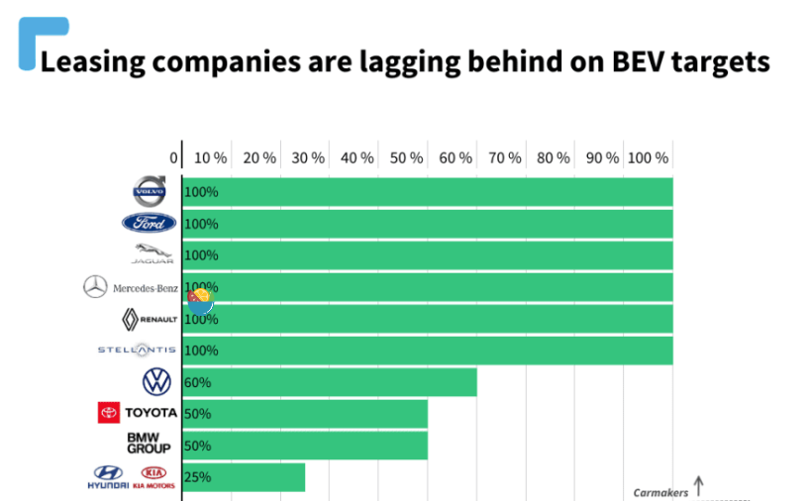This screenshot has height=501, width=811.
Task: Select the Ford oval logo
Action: tap(149, 223)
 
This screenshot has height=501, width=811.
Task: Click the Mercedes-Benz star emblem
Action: tap(95, 287)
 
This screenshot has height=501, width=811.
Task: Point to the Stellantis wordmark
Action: tap(137, 351)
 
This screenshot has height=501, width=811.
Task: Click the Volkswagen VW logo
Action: tap(156, 381)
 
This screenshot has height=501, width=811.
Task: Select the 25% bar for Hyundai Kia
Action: tap(244, 477)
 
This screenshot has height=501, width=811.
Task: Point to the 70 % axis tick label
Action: tap(505, 158)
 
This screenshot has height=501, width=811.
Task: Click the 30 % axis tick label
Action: tap(308, 158)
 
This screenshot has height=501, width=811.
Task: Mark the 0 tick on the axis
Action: tap(174, 158)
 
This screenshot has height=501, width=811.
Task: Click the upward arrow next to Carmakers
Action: tap(699, 485)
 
